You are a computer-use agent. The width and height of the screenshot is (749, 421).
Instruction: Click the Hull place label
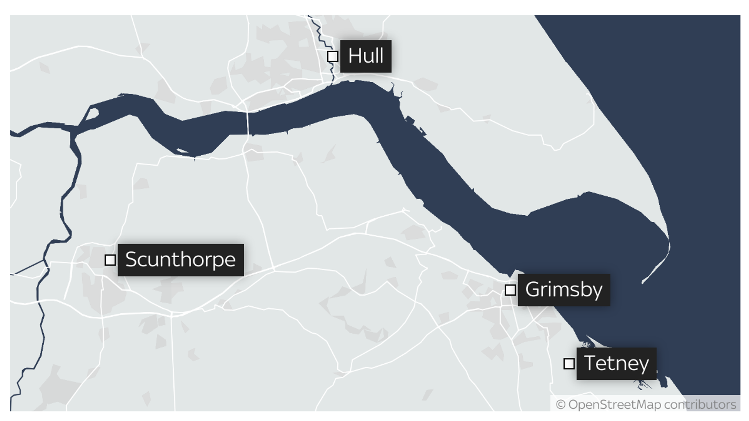coord(365,56)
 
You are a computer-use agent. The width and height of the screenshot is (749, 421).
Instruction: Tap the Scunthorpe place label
coord(180,260)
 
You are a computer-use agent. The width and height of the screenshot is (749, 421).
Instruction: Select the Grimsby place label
coord(564,290)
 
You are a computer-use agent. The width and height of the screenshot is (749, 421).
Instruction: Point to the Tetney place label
coord(616,364)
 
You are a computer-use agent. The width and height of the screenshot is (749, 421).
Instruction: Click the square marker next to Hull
coord(332,56)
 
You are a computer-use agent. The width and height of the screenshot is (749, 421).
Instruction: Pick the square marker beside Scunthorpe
coord(110,260)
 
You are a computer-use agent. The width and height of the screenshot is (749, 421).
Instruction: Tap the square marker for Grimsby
coord(510,290)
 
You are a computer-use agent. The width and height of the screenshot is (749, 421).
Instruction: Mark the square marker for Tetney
coord(569,364)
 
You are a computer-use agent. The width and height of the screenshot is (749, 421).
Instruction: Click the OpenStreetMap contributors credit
coord(646,405)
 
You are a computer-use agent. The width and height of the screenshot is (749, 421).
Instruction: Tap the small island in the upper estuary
coord(92,114)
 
